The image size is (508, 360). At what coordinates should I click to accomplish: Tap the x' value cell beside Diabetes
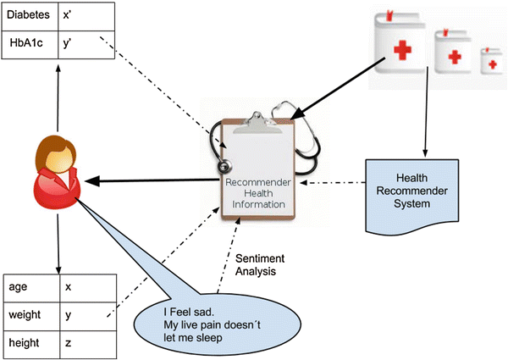tap(85, 15)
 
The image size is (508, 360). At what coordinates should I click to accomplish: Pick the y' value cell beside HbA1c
tap(85, 44)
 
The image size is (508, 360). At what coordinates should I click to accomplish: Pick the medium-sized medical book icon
tap(454, 56)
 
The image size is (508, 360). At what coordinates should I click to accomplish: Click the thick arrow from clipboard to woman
tap(152, 180)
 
